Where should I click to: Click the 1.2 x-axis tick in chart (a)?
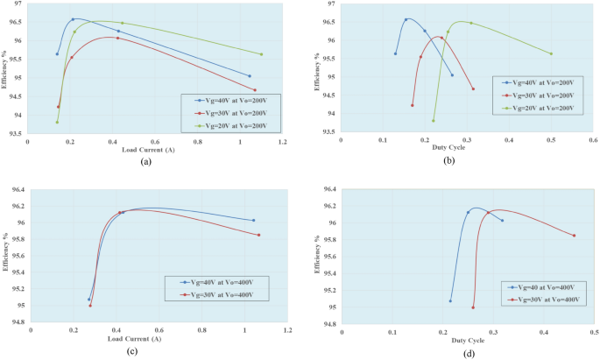(x=282, y=142)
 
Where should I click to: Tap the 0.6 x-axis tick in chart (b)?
(x=592, y=140)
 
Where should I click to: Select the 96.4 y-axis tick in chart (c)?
(x=17, y=190)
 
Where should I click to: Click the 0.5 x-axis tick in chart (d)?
(x=593, y=333)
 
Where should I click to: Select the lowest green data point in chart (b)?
(x=434, y=121)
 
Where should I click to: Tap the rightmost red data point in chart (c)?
(x=259, y=235)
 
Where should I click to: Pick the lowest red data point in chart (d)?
(x=473, y=307)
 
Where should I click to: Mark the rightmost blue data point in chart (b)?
(x=453, y=75)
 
